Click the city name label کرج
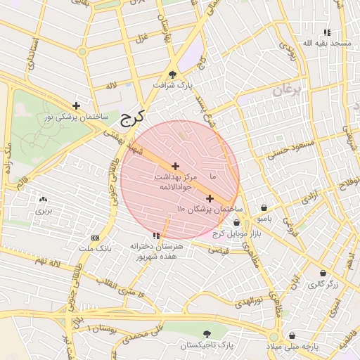132,117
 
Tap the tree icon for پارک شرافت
173,75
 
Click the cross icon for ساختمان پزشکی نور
76,105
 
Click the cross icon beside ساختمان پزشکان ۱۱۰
210,198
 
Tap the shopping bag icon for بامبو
263,207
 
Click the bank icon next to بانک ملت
96,238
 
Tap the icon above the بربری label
44,200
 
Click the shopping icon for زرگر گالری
323,273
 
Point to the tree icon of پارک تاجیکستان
206,335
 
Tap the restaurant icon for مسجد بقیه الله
326,32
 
